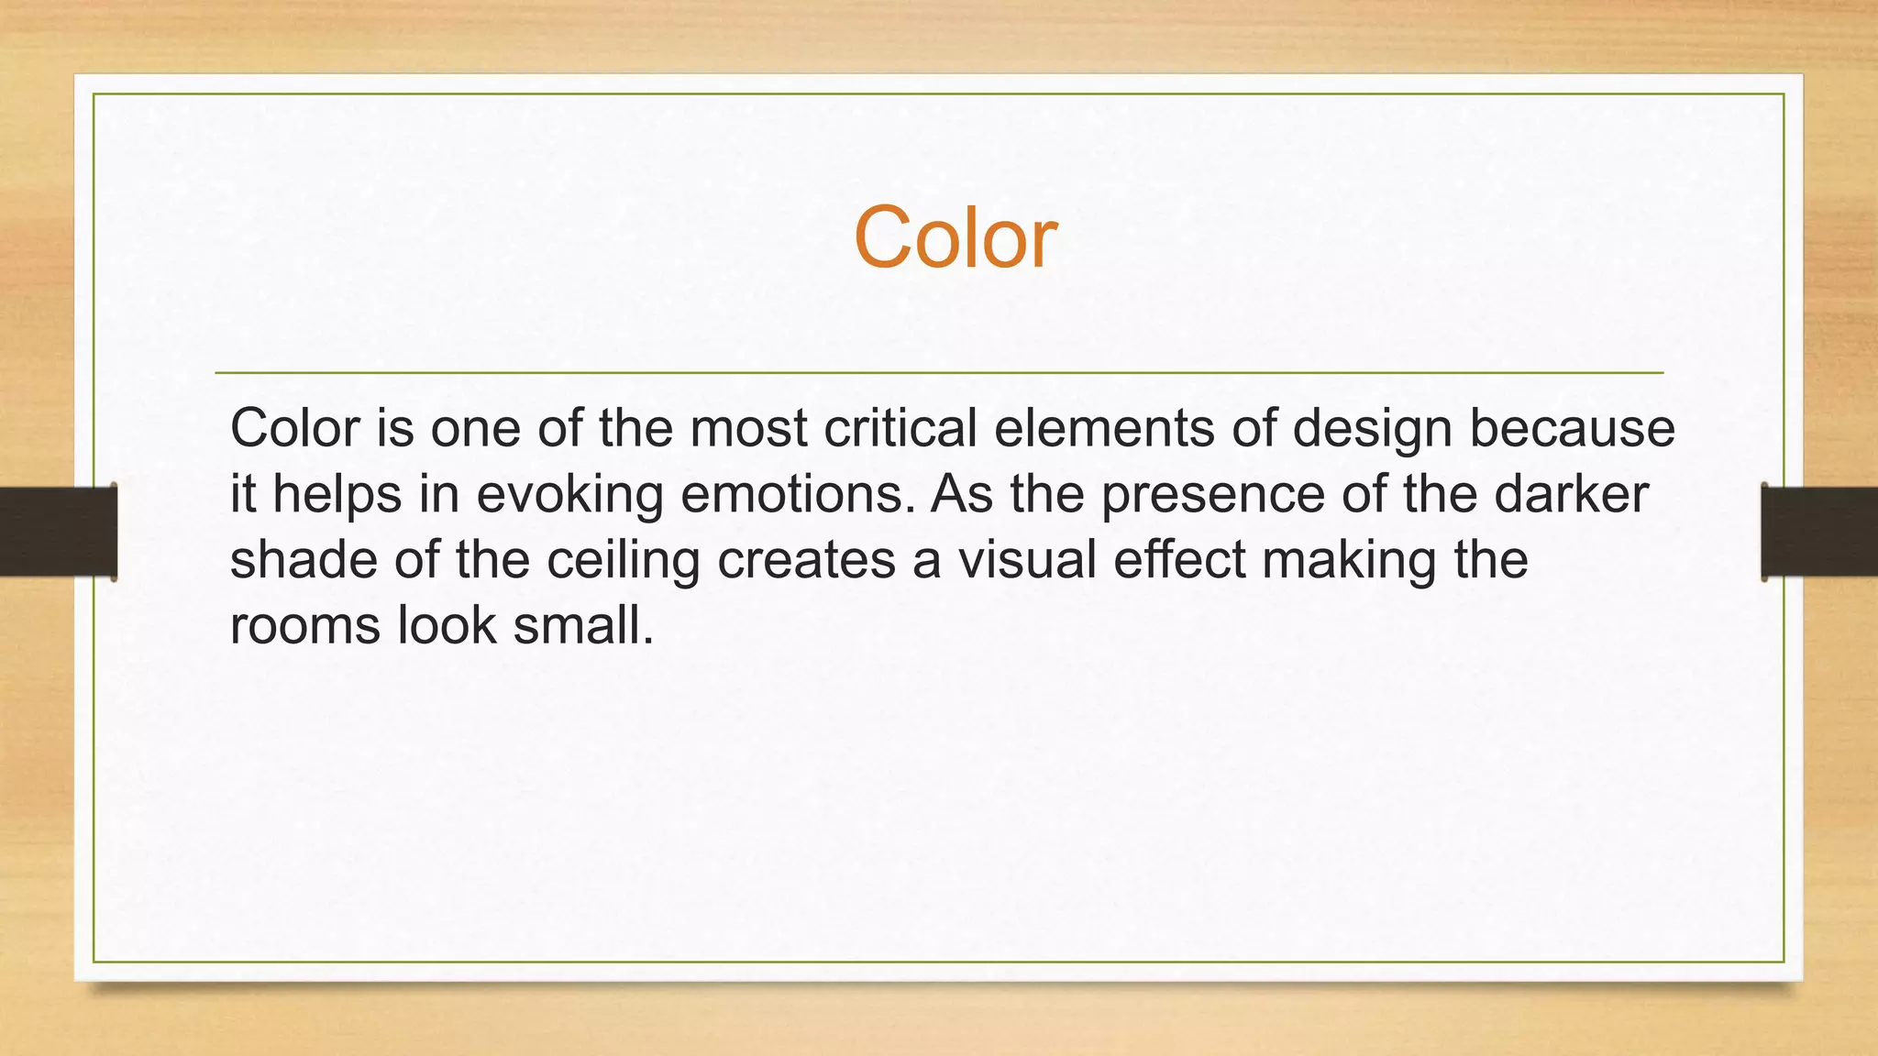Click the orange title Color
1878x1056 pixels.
955,238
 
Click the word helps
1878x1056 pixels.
337,496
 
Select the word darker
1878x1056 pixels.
1572,494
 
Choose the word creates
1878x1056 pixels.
806,560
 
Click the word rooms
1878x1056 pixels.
304,627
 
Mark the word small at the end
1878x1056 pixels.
582,626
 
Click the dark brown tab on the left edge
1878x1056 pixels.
58,532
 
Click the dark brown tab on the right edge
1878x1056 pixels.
1819,532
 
